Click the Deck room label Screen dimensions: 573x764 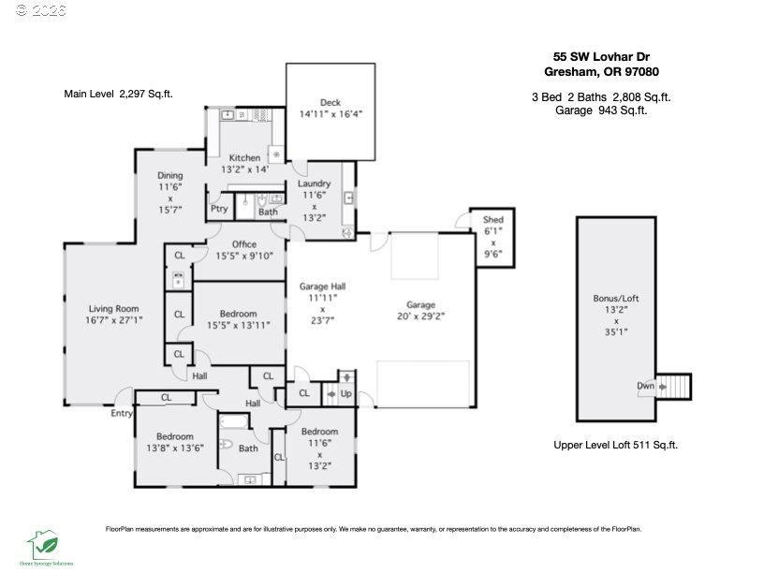tap(330, 103)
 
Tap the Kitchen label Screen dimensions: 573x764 tap(244, 158)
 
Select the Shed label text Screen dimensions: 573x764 tap(493, 220)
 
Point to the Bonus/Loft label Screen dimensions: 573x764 tap(616, 299)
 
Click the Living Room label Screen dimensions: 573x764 tap(113, 309)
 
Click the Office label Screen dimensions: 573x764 tap(244, 244)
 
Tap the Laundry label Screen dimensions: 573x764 tap(315, 184)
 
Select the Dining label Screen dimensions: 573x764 tap(169, 175)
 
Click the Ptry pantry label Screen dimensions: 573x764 tap(219, 210)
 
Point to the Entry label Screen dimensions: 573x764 tap(122, 413)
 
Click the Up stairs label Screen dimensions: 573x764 tap(345, 394)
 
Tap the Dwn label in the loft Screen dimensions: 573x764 tap(646, 385)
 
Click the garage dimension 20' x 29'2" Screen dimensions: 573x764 tap(420, 316)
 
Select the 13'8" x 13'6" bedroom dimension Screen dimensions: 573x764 tap(174, 448)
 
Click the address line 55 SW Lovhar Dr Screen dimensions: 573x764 tap(596, 56)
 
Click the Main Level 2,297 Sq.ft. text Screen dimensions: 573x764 tap(118, 94)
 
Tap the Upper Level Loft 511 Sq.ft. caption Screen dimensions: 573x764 tap(615, 446)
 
